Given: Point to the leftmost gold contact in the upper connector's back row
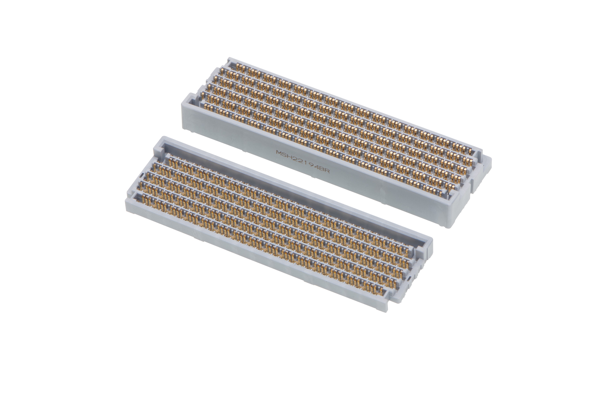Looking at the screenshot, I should click(x=238, y=66).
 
